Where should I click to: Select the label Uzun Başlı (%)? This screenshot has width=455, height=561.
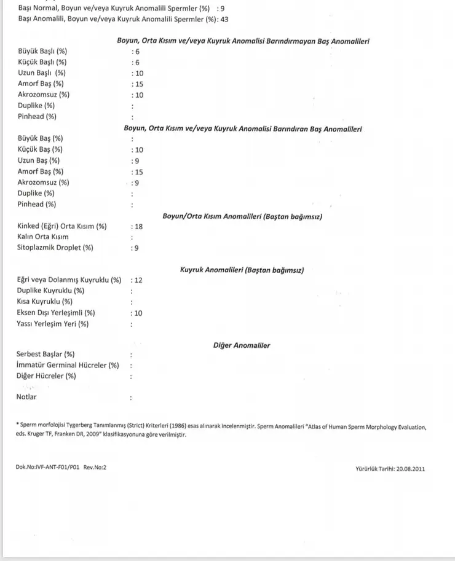click(x=42, y=73)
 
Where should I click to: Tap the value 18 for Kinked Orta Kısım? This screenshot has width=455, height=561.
click(x=138, y=226)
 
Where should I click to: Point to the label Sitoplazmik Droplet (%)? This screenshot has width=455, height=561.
click(x=55, y=248)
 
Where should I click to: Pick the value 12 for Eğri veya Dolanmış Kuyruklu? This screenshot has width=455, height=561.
click(x=138, y=280)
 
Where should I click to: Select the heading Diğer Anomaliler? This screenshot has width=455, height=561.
click(x=242, y=345)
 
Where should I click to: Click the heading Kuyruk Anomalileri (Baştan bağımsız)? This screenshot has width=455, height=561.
click(x=242, y=270)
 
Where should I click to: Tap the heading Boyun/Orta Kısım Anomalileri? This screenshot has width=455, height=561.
click(x=242, y=216)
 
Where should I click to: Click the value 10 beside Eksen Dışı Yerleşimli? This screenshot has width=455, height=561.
click(x=138, y=313)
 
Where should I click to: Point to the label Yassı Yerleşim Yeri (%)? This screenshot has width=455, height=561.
click(x=53, y=324)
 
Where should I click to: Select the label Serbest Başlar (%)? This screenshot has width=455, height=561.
click(x=45, y=354)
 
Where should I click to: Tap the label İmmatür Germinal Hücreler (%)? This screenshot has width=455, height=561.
click(x=68, y=365)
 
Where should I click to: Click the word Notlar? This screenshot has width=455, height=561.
click(x=26, y=397)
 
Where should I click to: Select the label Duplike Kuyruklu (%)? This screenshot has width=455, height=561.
click(x=50, y=291)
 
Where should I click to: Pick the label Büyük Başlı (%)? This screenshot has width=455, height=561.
click(x=42, y=51)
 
